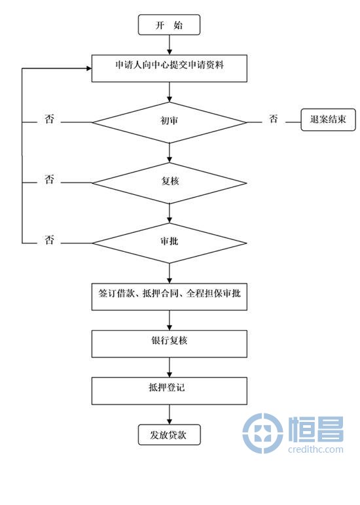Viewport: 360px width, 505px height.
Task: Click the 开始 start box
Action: tap(170, 25)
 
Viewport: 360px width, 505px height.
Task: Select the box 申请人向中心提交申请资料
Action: tap(170, 68)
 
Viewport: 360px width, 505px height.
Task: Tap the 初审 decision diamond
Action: tap(170, 122)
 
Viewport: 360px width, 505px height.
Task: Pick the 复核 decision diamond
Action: tap(170, 183)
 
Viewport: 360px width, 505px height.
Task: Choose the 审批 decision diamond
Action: tap(170, 243)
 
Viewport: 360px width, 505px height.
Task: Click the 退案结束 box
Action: tap(328, 120)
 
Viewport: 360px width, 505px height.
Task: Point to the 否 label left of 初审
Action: tap(49, 119)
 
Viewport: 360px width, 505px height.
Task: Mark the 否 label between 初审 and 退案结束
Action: tap(274, 119)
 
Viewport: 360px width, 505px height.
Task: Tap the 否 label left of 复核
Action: tap(49, 179)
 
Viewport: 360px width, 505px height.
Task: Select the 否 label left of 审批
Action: tap(49, 239)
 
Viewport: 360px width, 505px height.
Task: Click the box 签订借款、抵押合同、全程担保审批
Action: tap(170, 296)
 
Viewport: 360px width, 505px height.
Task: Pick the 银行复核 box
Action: tap(170, 343)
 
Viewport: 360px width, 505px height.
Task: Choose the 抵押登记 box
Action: tap(170, 391)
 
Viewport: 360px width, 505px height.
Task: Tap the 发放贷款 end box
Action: tap(170, 435)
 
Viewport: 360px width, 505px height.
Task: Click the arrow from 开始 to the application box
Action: tap(170, 44)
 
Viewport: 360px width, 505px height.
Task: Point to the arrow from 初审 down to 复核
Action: tap(170, 152)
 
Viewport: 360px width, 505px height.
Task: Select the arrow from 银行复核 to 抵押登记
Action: tap(170, 368)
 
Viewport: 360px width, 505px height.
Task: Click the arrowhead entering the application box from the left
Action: tap(89, 68)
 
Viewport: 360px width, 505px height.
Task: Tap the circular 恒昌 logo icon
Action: tap(262, 433)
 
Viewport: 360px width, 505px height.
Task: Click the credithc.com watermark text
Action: tap(315, 449)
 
